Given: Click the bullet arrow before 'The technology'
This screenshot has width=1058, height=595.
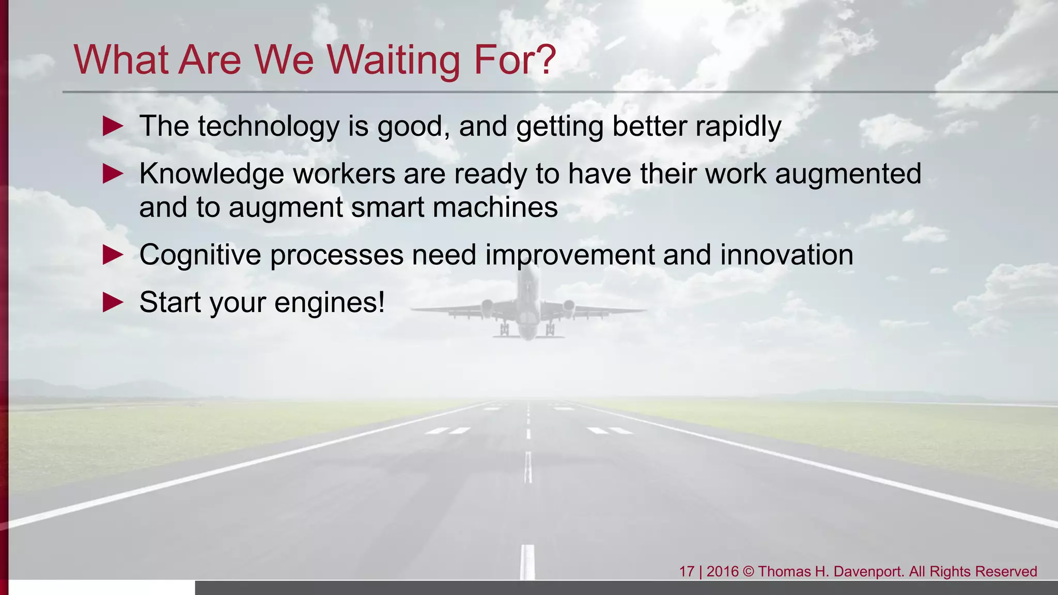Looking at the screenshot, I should tap(113, 126).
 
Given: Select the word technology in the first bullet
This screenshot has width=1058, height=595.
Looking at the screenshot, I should tap(268, 127).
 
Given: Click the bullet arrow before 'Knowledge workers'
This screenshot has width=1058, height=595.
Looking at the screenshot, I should tap(113, 174).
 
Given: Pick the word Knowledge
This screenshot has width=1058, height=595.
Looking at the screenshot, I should tap(211, 174).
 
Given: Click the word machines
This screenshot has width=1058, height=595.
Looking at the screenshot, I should tap(495, 208).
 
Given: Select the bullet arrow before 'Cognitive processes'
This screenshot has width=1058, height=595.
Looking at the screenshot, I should tap(113, 255).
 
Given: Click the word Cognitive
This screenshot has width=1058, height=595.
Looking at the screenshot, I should tap(200, 255).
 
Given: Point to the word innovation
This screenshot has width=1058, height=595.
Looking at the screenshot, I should tap(786, 255).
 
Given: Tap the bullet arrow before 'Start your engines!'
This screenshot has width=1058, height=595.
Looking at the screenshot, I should tap(113, 302).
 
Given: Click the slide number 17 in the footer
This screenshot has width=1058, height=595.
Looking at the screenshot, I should tap(686, 572).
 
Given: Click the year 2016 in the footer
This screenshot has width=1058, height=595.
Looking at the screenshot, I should tap(722, 572).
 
